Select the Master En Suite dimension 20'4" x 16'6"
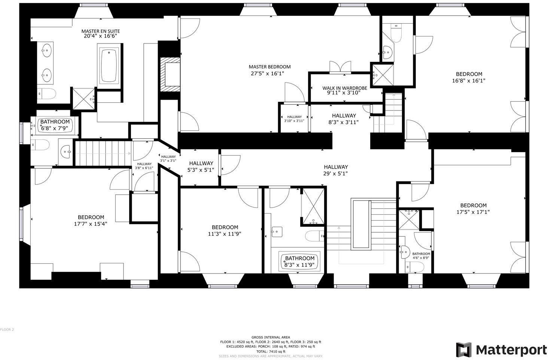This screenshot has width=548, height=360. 101,36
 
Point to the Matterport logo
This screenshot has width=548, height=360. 502,350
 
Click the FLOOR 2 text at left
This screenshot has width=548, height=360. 7,330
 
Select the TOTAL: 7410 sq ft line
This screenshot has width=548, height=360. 271,351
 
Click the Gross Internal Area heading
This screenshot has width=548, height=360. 271,337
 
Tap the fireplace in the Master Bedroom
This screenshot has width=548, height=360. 170,74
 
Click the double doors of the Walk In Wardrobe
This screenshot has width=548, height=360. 340,67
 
